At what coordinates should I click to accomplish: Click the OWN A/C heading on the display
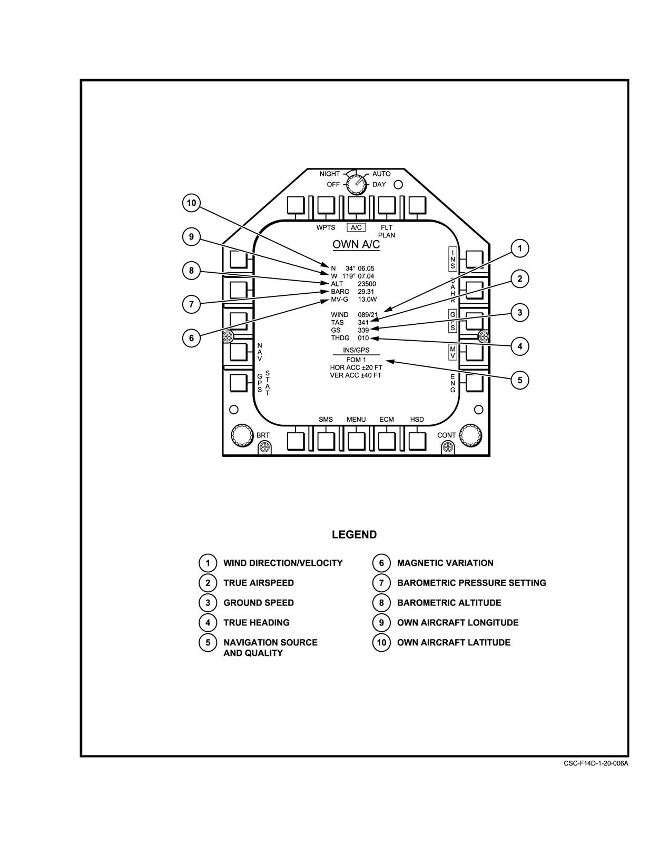point(356,244)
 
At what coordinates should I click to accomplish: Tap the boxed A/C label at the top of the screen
point(356,227)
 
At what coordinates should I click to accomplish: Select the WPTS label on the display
point(326,227)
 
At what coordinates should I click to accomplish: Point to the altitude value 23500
point(367,284)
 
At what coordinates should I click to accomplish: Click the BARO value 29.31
point(366,292)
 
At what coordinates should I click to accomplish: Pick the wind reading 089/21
point(368,315)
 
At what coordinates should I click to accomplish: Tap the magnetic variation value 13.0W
point(367,300)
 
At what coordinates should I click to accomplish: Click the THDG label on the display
point(340,338)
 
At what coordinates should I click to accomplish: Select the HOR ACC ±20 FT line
point(356,367)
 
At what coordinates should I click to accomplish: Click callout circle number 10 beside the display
point(192,203)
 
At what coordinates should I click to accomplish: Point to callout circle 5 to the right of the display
point(520,380)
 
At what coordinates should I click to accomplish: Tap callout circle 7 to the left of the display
point(192,304)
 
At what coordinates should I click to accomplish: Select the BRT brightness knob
point(242,436)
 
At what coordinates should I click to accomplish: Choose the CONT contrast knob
point(470,436)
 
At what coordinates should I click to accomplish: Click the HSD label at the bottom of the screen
point(417,420)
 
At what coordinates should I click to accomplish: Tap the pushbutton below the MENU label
point(356,441)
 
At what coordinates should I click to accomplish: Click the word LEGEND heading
point(355,534)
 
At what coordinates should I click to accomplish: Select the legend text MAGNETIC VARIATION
point(445,563)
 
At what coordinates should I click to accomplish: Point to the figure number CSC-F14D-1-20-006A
point(596,763)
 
